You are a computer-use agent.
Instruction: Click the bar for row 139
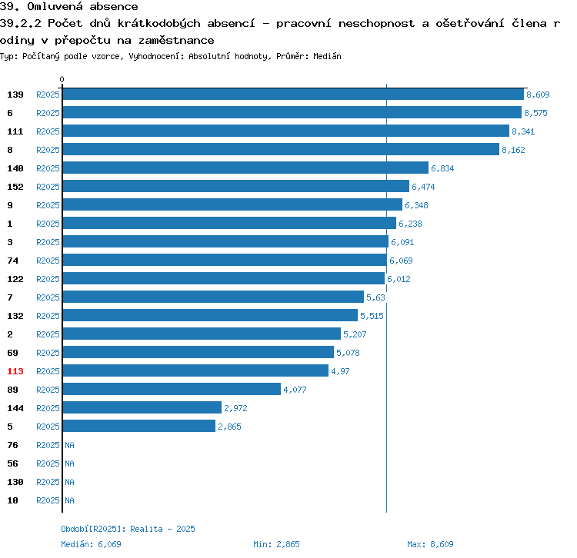[x=293, y=95]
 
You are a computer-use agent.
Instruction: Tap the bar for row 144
[x=142, y=408]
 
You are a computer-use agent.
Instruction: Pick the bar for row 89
[x=172, y=390]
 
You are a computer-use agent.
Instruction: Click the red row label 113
[x=15, y=371]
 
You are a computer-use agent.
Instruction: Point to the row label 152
[x=15, y=187]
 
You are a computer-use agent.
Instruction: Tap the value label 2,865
[x=229, y=427]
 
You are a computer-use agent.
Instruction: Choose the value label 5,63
[x=375, y=297]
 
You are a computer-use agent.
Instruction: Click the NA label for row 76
[x=69, y=445]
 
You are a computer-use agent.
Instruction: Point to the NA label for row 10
[x=69, y=500]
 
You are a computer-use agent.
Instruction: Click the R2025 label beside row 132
[x=48, y=316]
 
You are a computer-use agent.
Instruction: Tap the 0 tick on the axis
[x=62, y=79]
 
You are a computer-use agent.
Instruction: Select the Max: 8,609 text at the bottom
[x=430, y=544]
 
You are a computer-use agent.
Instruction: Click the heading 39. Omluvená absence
[x=69, y=7]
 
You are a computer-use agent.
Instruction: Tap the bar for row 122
[x=223, y=279]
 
